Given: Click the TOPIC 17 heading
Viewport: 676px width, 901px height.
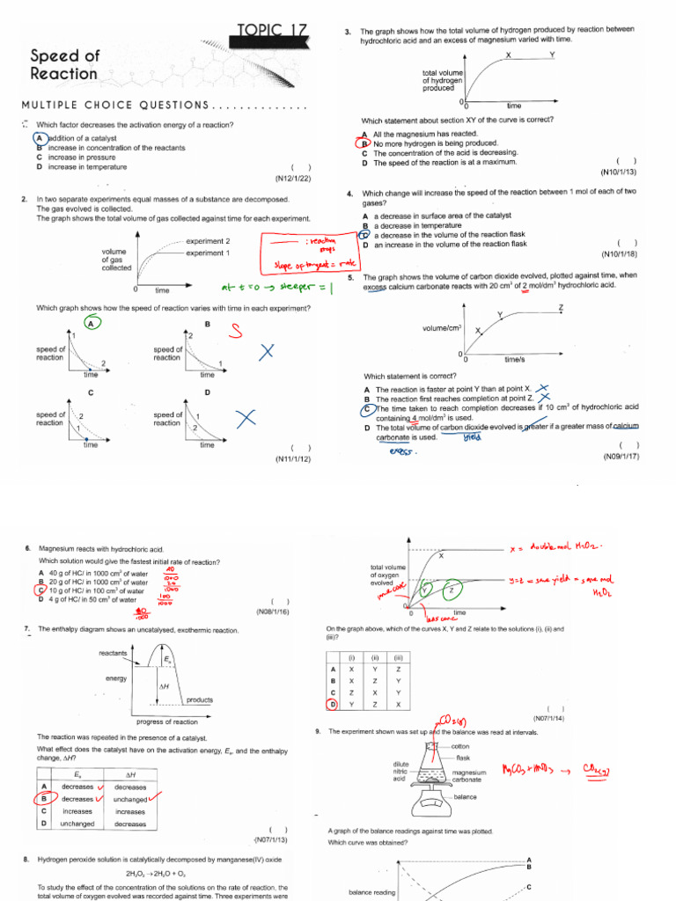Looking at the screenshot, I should click(273, 31).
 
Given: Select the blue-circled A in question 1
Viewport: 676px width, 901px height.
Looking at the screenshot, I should click(40, 138).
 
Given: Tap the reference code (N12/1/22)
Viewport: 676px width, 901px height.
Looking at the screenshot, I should click(293, 179).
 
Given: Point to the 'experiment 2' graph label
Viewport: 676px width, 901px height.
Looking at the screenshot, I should click(209, 241).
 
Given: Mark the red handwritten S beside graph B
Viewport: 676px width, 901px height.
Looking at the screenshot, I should click(235, 330).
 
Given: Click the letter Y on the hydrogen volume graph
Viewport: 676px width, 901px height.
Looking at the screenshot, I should click(552, 55).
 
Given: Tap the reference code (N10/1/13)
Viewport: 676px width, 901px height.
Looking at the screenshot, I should click(619, 172).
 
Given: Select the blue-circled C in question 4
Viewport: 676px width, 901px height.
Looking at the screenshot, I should click(364, 235).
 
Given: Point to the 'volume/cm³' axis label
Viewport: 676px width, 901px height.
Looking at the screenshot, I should click(442, 328).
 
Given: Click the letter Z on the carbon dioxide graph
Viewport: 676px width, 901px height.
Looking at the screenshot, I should click(561, 306).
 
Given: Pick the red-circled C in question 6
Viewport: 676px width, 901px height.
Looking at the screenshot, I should click(41, 590).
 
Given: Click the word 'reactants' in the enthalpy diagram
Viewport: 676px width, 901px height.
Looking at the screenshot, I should click(113, 653).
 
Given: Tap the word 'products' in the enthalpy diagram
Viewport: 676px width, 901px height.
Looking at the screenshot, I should click(199, 700).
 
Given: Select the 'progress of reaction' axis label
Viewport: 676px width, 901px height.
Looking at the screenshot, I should click(167, 722).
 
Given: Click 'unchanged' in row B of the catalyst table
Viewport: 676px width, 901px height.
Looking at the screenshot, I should click(130, 799).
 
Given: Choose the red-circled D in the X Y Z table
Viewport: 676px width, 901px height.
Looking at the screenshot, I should click(332, 704).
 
